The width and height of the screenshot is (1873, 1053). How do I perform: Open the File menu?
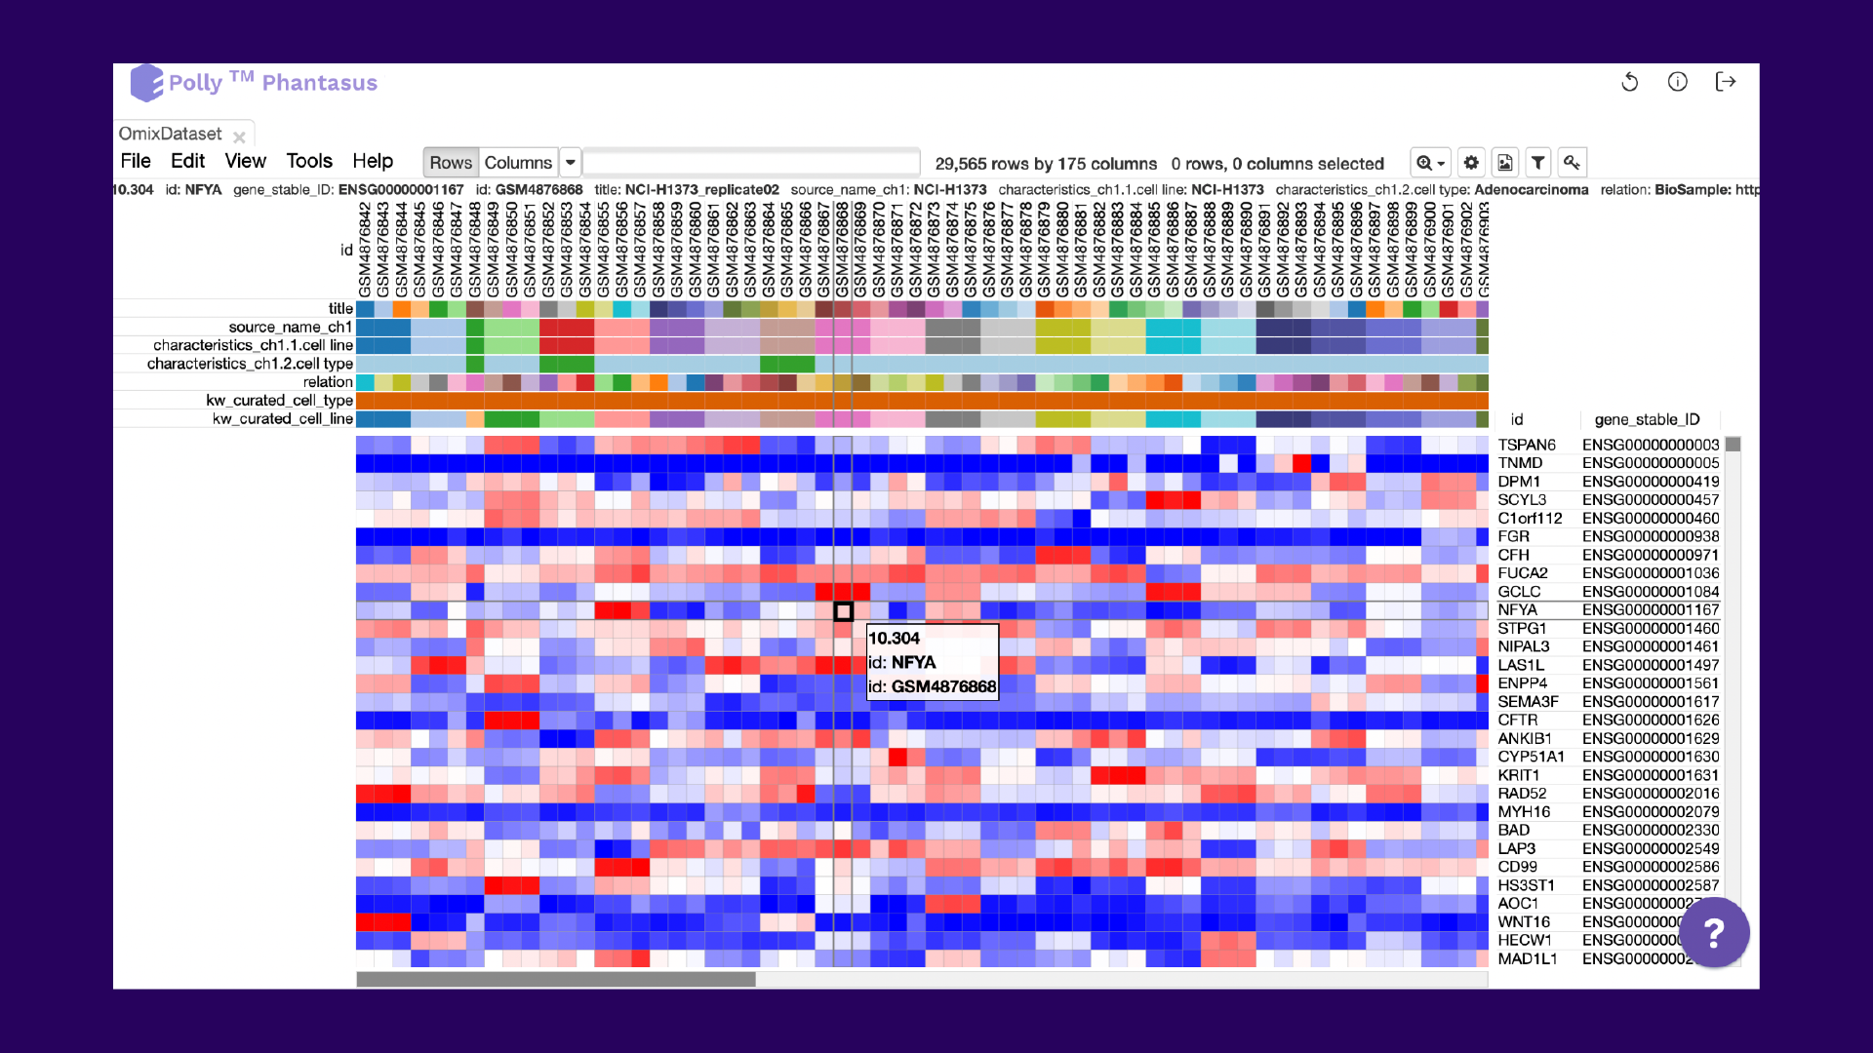tap(136, 162)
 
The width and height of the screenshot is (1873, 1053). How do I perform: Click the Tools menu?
tap(309, 162)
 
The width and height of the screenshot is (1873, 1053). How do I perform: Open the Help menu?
tap(373, 162)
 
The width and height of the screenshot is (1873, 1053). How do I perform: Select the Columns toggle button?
tap(518, 163)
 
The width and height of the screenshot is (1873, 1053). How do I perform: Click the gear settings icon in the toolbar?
tap(1471, 163)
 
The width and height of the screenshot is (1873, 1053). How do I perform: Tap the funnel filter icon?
tap(1538, 163)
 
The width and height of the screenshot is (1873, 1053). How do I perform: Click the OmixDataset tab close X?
tap(239, 137)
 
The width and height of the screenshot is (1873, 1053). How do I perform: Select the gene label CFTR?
tap(1517, 720)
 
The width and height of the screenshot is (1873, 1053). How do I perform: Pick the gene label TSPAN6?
tap(1527, 445)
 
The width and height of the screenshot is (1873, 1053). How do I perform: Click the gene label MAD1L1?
tap(1528, 959)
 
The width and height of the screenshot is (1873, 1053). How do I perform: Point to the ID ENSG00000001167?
tap(1651, 610)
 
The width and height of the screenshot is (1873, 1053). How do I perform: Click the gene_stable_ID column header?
tap(1647, 419)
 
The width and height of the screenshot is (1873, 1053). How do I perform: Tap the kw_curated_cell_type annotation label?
tap(279, 401)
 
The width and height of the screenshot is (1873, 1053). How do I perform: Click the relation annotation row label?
tap(328, 382)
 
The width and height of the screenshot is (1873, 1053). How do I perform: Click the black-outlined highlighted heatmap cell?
tap(844, 612)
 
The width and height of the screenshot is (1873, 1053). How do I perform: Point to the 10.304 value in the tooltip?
tap(894, 639)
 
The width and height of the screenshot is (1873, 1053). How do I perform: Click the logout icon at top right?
tap(1726, 82)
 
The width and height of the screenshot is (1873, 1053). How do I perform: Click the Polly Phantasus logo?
tap(255, 83)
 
